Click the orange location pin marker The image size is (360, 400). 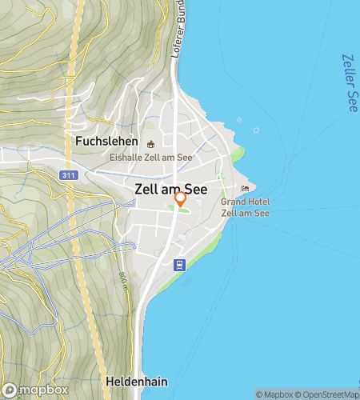(x=181, y=198)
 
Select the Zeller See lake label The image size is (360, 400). (x=350, y=82)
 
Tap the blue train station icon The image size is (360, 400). (x=181, y=265)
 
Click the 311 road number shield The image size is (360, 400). (x=68, y=174)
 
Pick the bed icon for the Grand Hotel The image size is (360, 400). (x=245, y=189)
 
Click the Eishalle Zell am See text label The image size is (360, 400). (x=151, y=158)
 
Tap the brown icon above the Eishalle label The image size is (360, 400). (x=151, y=144)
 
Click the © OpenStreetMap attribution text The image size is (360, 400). (x=328, y=394)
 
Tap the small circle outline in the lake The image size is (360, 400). (x=258, y=130)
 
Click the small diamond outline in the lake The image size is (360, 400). (x=238, y=121)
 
